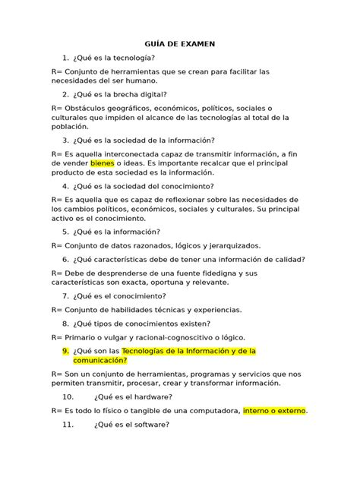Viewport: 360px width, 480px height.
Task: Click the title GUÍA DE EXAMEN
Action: (x=179, y=44)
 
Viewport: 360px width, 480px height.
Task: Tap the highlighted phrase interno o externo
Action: (x=274, y=411)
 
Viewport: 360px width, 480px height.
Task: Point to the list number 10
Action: (x=69, y=396)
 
